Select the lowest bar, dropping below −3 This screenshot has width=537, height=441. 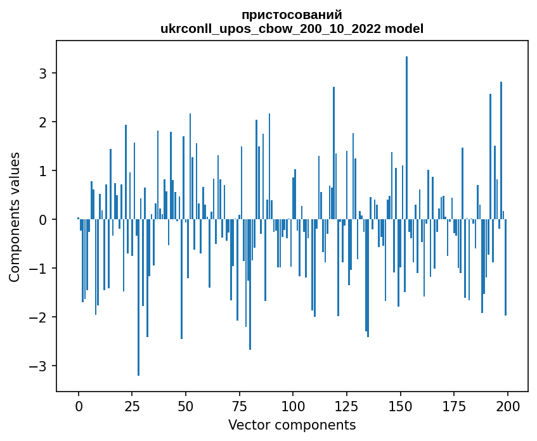pyautogui.click(x=138, y=297)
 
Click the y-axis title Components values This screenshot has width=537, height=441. pyautogui.click(x=14, y=217)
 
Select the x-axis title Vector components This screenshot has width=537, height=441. pyautogui.click(x=292, y=425)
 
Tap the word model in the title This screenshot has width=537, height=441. pyautogui.click(x=405, y=29)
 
